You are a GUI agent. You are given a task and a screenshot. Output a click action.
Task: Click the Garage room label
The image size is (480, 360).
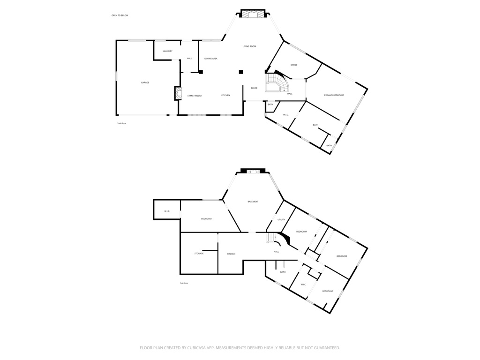coord(145,82)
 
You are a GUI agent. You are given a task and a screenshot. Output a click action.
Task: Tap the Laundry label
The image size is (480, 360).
coord(167,51)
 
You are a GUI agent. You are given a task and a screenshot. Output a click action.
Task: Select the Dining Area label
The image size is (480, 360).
coord(210,59)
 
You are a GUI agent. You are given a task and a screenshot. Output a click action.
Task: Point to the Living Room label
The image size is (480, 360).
coord(249,46)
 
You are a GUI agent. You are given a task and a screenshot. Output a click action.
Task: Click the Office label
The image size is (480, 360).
coord(294,65)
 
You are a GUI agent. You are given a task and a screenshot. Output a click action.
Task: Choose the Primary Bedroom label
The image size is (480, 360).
coord(334,95)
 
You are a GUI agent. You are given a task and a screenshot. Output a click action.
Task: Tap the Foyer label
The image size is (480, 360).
coord(254,88)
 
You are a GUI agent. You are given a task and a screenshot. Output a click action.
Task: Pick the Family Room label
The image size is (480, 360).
coord(195,96)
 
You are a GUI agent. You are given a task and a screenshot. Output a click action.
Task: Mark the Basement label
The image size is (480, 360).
coord(253,202)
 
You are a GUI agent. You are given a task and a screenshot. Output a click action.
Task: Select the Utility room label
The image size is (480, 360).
coord(281,219)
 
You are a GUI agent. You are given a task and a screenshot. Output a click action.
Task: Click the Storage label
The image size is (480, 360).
coord(199,254)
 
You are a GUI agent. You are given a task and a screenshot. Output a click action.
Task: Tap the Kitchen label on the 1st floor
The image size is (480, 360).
coord(231,254)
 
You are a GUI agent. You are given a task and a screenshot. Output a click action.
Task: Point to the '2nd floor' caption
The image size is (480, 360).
coord(122,123)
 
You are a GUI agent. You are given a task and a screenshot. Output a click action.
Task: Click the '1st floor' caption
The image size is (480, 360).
coord(184,283)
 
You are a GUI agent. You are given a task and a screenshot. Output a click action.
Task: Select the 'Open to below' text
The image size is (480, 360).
coord(120,15)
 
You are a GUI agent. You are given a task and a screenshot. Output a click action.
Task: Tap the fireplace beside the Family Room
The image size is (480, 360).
coord(178,93)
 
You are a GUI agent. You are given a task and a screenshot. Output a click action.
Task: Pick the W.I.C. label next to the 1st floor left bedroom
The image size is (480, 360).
coord(167,211)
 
